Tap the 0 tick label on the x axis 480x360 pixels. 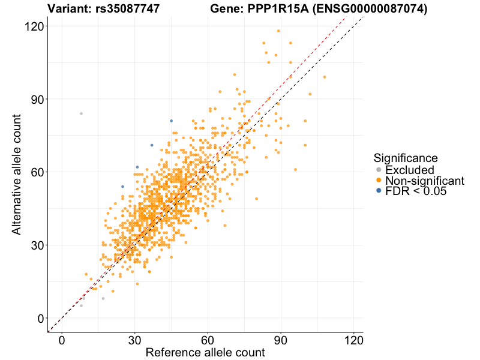[x=62, y=340]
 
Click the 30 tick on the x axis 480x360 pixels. [x=135, y=340]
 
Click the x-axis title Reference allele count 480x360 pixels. [x=205, y=353]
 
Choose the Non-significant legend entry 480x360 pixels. [x=424, y=181]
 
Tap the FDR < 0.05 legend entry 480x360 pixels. [x=416, y=191]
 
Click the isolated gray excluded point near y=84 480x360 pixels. [x=81, y=113]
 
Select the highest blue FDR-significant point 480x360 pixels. [x=171, y=121]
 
